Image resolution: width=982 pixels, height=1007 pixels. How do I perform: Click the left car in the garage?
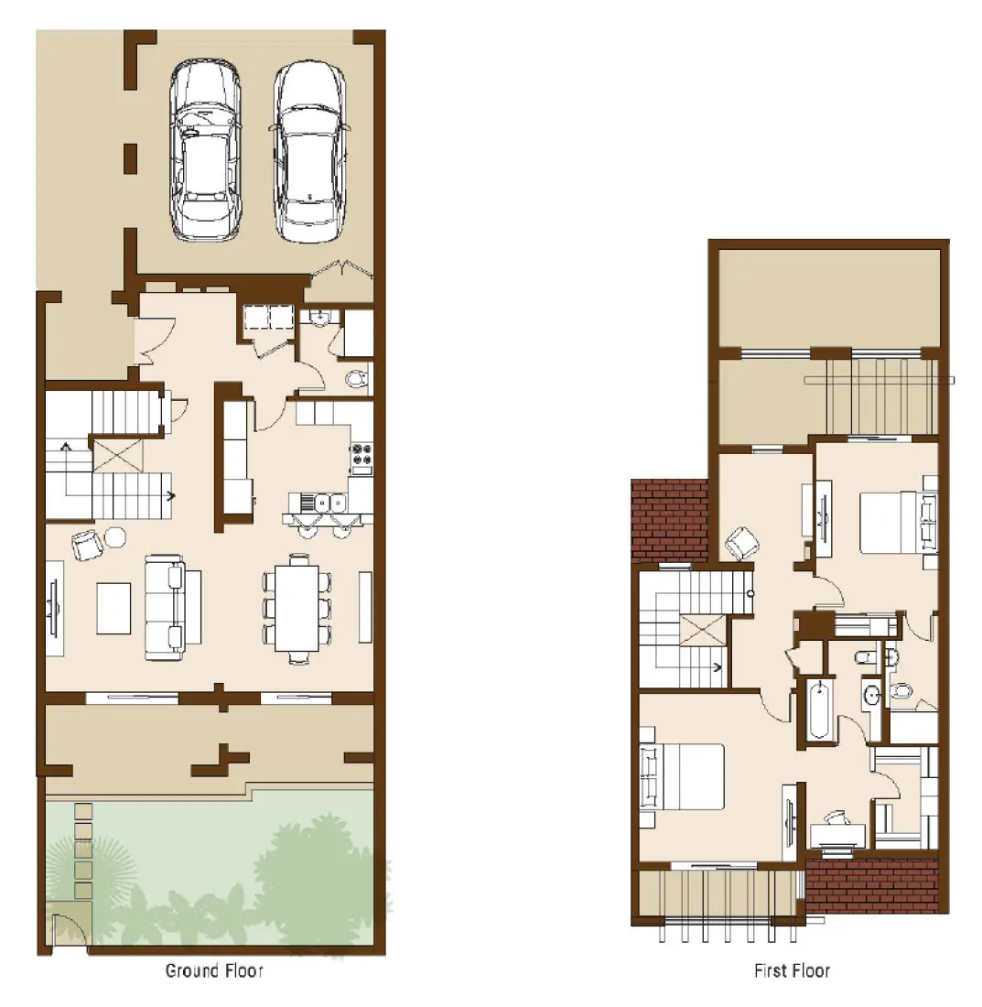click(205, 151)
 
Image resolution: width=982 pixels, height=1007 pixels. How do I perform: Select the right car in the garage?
click(308, 151)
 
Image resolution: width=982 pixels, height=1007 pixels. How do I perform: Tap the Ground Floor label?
click(214, 970)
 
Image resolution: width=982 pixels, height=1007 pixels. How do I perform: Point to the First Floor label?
click(792, 970)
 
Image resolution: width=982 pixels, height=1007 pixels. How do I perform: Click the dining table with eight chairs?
click(297, 607)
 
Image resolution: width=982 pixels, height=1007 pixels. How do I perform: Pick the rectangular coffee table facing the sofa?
click(113, 608)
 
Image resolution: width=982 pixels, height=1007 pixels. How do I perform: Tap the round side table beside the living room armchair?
click(115, 536)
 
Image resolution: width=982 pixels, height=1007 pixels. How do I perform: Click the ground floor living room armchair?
click(87, 546)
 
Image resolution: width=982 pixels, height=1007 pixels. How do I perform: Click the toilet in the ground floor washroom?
click(357, 378)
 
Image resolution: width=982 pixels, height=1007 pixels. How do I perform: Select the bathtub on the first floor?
click(818, 709)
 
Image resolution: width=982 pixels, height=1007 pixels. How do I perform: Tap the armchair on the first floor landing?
click(741, 546)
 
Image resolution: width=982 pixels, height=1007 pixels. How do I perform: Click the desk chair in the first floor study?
click(835, 818)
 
